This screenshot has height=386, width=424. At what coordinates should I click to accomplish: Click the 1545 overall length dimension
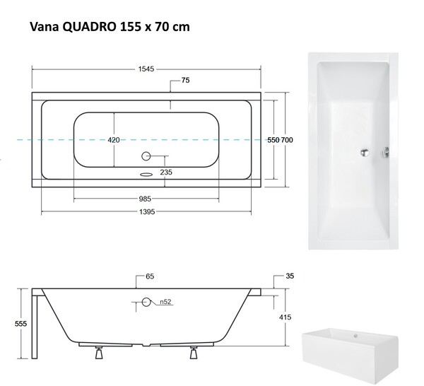click(x=146, y=69)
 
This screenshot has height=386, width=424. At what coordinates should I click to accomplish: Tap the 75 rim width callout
click(x=185, y=81)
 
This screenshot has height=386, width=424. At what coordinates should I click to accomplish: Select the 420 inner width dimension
click(x=114, y=140)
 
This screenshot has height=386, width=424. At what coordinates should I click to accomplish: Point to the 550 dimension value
click(x=273, y=140)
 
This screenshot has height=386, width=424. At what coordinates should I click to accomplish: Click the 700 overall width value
click(x=287, y=140)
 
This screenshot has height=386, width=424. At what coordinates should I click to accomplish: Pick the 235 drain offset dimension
click(x=166, y=172)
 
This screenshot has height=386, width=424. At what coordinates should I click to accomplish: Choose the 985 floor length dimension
click(x=145, y=199)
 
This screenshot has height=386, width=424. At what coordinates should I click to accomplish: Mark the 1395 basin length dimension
click(x=148, y=211)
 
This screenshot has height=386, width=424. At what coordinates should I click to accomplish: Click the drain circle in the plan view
click(x=146, y=156)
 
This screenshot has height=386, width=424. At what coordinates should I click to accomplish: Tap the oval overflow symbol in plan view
click(x=146, y=175)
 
